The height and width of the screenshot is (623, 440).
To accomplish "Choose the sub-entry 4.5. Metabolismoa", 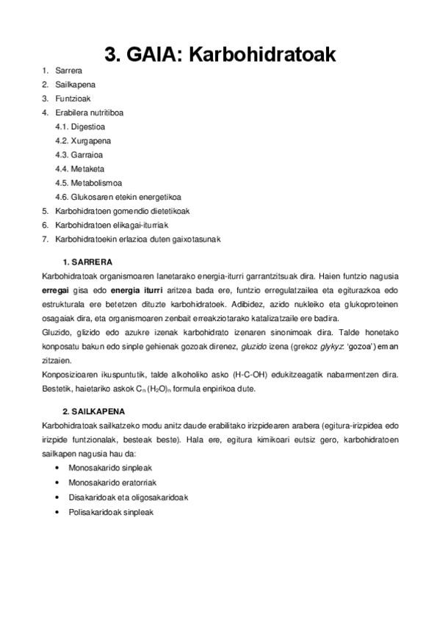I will tap(88, 182).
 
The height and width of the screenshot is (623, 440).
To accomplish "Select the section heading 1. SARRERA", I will tap(87, 262).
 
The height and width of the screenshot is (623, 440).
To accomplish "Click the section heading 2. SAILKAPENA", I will tap(94, 411).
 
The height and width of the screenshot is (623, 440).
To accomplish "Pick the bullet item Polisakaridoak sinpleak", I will tap(111, 511).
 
